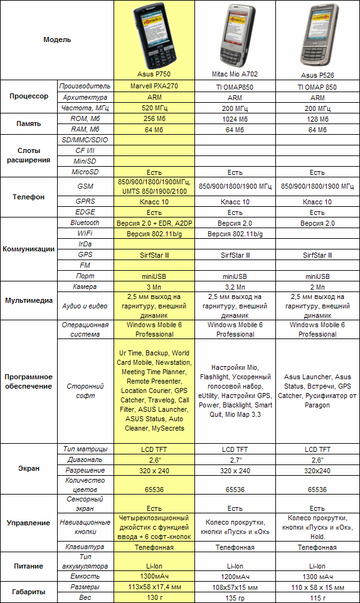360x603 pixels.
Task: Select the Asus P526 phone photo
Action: (317, 40)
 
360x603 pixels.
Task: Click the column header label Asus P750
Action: (154, 73)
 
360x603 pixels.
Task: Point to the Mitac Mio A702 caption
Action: (235, 74)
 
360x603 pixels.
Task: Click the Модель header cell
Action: (57, 39)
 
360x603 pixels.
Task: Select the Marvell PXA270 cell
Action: (154, 86)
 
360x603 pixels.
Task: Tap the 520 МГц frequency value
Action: (154, 108)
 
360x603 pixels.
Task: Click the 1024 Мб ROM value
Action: (235, 119)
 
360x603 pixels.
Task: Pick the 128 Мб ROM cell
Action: (317, 119)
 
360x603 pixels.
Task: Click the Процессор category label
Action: (29, 97)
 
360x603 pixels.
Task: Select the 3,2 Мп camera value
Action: (235, 286)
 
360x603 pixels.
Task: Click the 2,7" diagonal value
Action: (235, 460)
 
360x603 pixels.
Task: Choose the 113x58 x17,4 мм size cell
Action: (154, 588)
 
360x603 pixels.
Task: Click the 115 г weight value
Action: (317, 598)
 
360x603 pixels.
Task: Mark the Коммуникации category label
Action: (29, 249)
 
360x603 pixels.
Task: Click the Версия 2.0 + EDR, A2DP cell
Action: (154, 223)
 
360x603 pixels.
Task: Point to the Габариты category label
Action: (29, 592)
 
